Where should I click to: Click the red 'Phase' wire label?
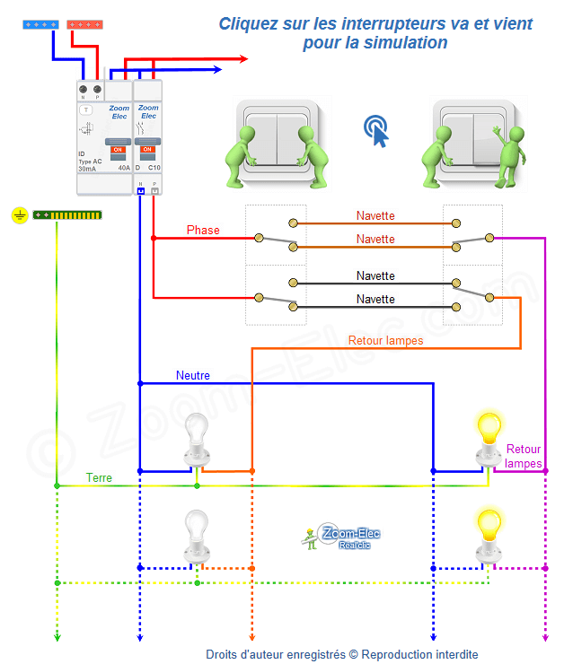tap(203, 231)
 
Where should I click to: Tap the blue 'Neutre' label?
tap(193, 375)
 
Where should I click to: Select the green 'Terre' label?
tap(99, 478)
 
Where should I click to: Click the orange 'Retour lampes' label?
tap(385, 340)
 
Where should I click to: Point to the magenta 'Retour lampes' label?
tap(524, 456)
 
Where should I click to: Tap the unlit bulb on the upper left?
tap(196, 435)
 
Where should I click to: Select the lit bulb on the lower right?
tap(489, 529)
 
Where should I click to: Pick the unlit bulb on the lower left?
tap(196, 531)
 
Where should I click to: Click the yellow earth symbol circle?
tap(20, 215)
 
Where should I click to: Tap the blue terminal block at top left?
tap(40, 25)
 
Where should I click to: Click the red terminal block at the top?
tap(84, 25)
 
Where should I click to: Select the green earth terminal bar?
tap(67, 215)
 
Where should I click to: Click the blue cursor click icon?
tap(377, 131)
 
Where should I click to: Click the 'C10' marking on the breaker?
tap(154, 168)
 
